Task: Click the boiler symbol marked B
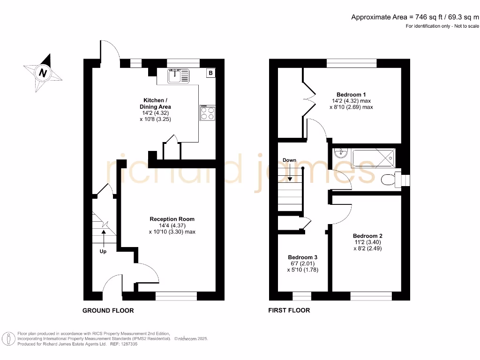[210, 73]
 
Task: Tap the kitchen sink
[179, 76]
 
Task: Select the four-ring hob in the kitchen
[208, 113]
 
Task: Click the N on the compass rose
[43, 73]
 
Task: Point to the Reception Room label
[172, 219]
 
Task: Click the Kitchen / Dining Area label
[155, 104]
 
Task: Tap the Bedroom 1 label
[351, 95]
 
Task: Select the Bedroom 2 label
[367, 236]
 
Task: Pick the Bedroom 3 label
[302, 257]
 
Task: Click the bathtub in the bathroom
[374, 158]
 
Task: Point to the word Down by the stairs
[289, 160]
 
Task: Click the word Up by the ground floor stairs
[103, 251]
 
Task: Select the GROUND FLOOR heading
[108, 310]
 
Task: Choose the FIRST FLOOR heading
[289, 310]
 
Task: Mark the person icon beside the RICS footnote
[8, 339]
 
